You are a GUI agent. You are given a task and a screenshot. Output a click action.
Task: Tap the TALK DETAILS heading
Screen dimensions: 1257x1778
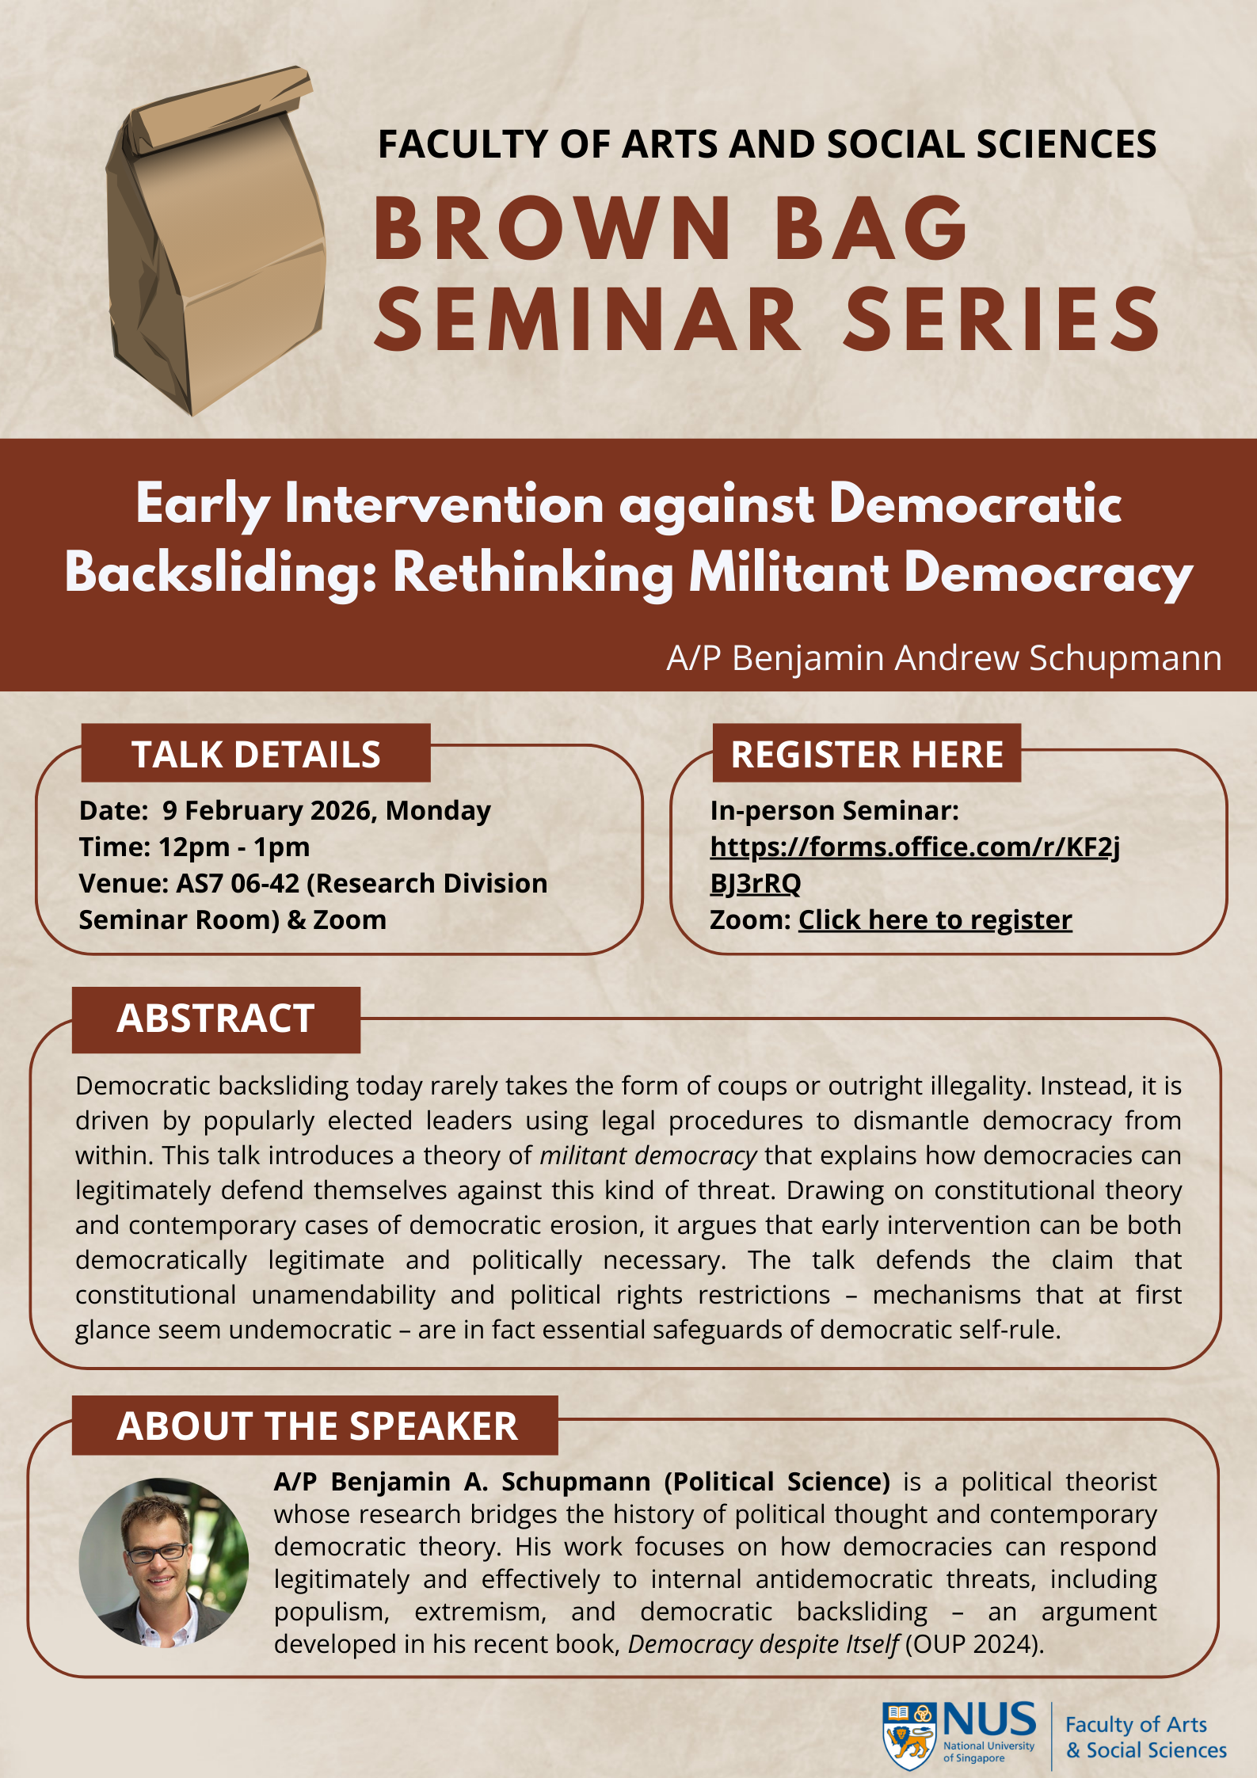pos(256,754)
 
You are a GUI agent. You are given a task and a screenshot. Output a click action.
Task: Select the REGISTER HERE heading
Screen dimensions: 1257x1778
pos(867,754)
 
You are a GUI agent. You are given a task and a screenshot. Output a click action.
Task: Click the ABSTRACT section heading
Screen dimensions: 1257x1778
pos(215,1018)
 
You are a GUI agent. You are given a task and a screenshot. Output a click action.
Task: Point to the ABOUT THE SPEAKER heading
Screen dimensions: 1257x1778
pos(317,1426)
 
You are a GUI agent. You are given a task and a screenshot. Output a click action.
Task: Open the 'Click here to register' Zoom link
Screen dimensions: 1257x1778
pos(935,920)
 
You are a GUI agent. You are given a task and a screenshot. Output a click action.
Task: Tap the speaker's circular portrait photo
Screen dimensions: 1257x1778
pos(164,1562)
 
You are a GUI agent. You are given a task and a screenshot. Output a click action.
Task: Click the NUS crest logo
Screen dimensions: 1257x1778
pos(909,1735)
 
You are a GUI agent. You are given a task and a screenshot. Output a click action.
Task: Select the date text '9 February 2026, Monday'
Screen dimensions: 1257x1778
pos(326,811)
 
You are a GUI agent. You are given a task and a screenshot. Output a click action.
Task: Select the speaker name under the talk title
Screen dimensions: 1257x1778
pos(943,658)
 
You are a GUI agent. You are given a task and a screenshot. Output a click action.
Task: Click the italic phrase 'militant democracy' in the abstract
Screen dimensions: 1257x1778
pos(648,1156)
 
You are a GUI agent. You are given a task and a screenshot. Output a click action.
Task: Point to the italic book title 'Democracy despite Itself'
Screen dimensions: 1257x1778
pos(763,1644)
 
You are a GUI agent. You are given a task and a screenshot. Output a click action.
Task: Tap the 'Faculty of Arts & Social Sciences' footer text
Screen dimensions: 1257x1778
pos(1145,1737)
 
